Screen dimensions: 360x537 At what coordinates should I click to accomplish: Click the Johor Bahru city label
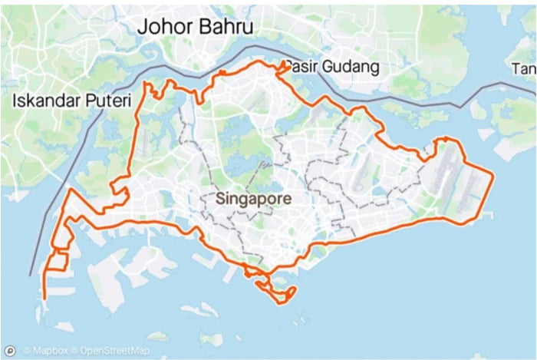point(195,27)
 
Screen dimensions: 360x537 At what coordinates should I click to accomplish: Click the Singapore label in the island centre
point(252,198)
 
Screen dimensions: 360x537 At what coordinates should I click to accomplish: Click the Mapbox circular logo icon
point(12,351)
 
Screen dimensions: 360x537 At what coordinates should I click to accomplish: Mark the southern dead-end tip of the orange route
point(44,298)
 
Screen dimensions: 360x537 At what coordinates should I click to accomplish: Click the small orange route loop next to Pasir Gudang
point(284,68)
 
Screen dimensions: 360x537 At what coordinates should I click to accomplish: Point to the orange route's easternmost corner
point(493,176)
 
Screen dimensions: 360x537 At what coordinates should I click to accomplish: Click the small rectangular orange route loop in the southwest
point(56,261)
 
